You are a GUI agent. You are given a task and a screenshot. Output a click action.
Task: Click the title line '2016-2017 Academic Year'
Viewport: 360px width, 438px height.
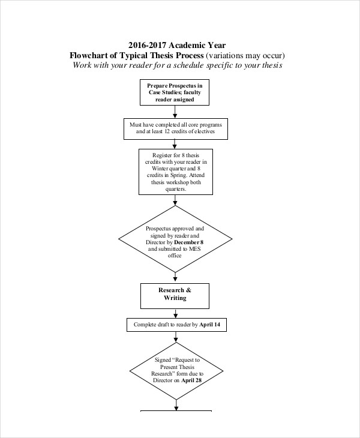point(177,45)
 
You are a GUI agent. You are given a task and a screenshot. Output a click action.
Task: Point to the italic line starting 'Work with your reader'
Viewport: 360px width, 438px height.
point(177,65)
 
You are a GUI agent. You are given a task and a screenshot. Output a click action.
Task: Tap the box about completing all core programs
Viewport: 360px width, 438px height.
point(175,127)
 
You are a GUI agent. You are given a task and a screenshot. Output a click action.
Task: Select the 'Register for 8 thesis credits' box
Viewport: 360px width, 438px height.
point(175,172)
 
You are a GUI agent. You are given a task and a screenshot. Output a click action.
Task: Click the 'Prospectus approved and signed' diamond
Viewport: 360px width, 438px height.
point(175,240)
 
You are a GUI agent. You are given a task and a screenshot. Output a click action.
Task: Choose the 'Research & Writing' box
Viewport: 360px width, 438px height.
point(175,294)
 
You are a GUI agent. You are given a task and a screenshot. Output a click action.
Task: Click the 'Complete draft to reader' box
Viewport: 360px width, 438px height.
point(176,325)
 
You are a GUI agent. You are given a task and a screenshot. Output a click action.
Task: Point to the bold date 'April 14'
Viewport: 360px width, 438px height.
point(214,325)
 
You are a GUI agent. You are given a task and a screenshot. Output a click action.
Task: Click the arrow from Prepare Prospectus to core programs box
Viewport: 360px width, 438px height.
point(175,112)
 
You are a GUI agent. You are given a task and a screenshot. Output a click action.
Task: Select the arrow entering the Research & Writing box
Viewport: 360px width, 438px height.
point(175,277)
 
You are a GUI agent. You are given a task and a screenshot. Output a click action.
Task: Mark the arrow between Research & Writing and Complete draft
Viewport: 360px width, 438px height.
point(175,313)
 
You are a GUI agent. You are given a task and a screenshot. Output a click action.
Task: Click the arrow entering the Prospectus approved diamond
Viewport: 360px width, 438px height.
point(175,200)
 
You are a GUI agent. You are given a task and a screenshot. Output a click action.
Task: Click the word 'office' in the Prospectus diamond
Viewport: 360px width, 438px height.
point(175,255)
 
